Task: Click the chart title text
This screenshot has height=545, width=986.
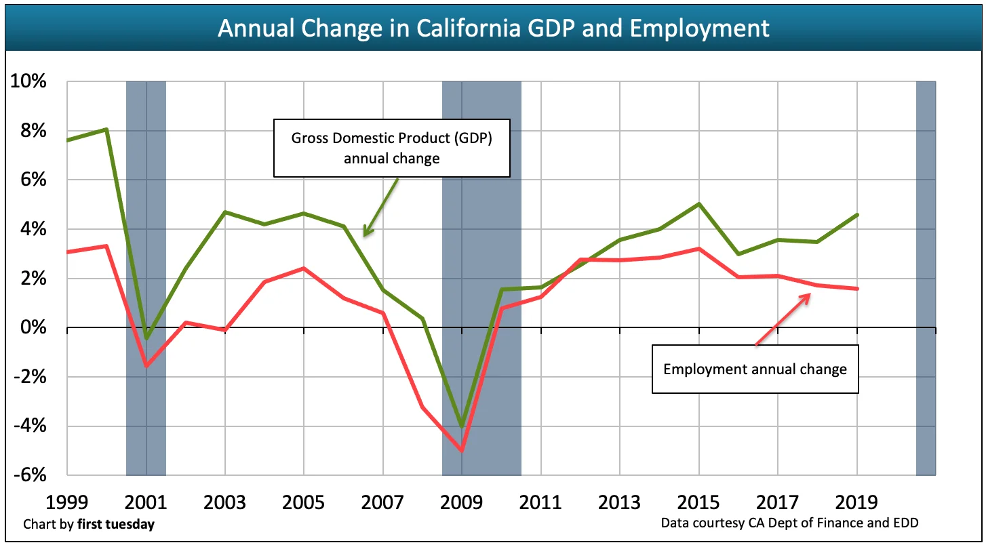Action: (x=493, y=28)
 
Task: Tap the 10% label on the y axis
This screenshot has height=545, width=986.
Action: (x=28, y=82)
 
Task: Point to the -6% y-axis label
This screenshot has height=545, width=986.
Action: (x=28, y=476)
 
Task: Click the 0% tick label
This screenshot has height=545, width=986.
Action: (x=33, y=328)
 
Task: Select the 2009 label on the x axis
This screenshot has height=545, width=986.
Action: (x=462, y=502)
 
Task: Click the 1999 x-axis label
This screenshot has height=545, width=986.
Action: (x=67, y=502)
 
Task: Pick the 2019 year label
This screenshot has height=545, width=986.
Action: (x=857, y=502)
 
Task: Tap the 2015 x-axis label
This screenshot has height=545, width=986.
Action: (x=699, y=502)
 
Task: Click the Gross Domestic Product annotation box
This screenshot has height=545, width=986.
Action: (x=391, y=148)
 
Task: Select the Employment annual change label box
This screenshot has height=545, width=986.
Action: (x=755, y=369)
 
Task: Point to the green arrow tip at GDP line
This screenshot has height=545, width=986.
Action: (x=365, y=235)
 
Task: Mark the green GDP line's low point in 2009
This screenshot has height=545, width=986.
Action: (x=462, y=426)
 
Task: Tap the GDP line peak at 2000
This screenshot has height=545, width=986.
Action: (x=106, y=129)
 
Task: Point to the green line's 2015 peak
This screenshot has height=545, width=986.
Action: (x=699, y=203)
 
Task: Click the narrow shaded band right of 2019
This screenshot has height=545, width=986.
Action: (x=926, y=278)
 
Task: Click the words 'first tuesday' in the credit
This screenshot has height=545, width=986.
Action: (x=115, y=525)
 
